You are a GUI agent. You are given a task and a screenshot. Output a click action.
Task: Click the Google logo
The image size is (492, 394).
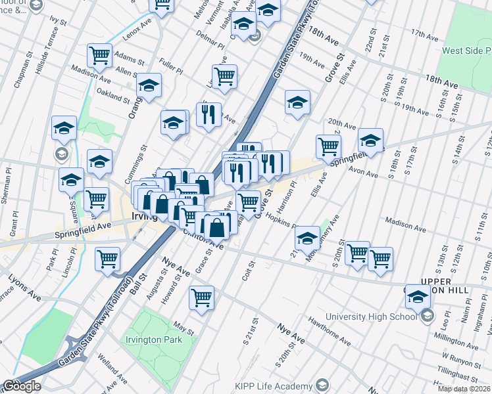22,385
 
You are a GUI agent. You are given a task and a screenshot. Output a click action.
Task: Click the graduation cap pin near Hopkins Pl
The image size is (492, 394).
307,238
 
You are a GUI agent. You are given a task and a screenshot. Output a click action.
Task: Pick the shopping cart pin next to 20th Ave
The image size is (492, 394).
328,146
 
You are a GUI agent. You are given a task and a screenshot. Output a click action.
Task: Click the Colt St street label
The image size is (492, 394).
248,269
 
